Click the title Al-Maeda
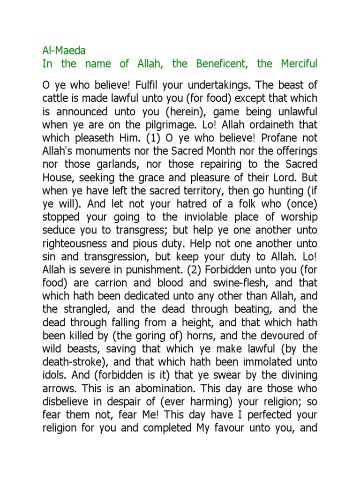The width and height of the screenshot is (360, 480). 64,50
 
